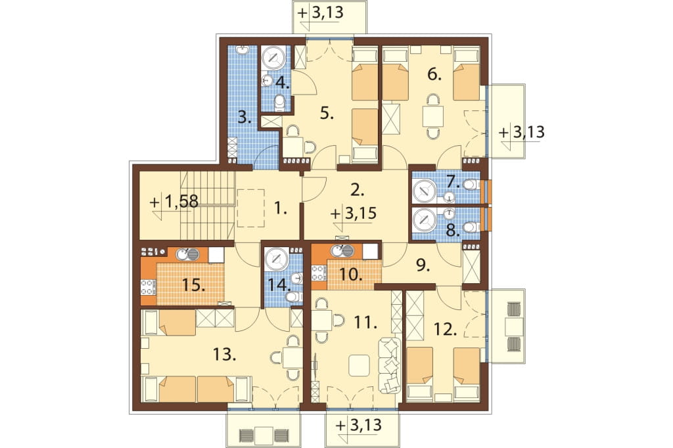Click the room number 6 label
coord(434,75)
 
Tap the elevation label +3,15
coord(355,213)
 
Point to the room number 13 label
coord(224,355)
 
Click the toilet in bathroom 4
coord(279,102)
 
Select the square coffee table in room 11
coord(359,365)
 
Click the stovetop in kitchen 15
coord(147,287)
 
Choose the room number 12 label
coord(445,330)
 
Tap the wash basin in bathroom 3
coord(243,50)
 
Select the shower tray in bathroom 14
coord(277,259)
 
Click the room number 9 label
coord(423,266)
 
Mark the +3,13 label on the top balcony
coord(321,12)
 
